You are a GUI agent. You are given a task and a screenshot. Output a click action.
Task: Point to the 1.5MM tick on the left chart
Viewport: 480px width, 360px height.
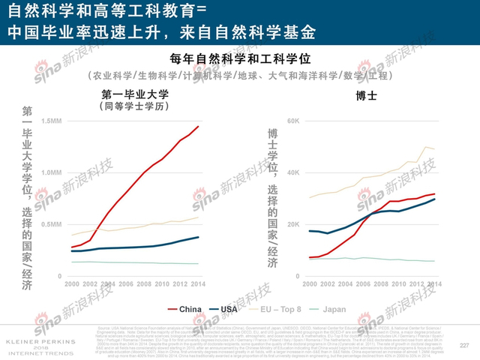[x=51, y=121]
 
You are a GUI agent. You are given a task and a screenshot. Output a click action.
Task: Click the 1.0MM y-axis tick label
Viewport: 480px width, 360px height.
[x=51, y=172]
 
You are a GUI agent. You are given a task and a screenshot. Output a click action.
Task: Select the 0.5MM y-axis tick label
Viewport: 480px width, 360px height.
[x=51, y=224]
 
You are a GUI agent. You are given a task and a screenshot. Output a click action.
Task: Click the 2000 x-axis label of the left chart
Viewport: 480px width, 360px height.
[x=71, y=285]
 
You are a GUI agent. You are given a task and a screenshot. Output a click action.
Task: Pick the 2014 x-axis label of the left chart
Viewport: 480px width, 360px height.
[x=198, y=285]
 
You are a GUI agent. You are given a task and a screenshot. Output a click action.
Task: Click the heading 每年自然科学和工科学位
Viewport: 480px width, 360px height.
[x=240, y=58]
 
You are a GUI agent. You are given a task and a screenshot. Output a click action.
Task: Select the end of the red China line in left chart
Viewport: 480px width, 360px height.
[x=199, y=126]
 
